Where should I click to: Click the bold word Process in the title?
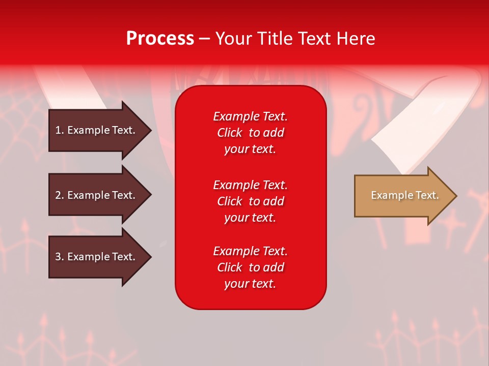(x=160, y=39)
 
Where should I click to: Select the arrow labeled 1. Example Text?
(x=97, y=130)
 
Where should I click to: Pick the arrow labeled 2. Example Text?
(x=97, y=195)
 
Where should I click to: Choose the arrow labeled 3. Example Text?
(x=97, y=257)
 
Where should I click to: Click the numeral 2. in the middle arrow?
(x=60, y=195)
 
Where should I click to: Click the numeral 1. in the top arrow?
(x=60, y=130)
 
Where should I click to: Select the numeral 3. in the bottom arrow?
(x=60, y=257)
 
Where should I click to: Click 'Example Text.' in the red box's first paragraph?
(x=250, y=116)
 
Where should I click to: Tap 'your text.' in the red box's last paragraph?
(x=250, y=284)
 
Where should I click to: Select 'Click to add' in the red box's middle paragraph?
(x=250, y=201)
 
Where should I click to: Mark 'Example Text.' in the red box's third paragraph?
(x=250, y=251)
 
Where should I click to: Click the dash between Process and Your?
(x=204, y=39)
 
